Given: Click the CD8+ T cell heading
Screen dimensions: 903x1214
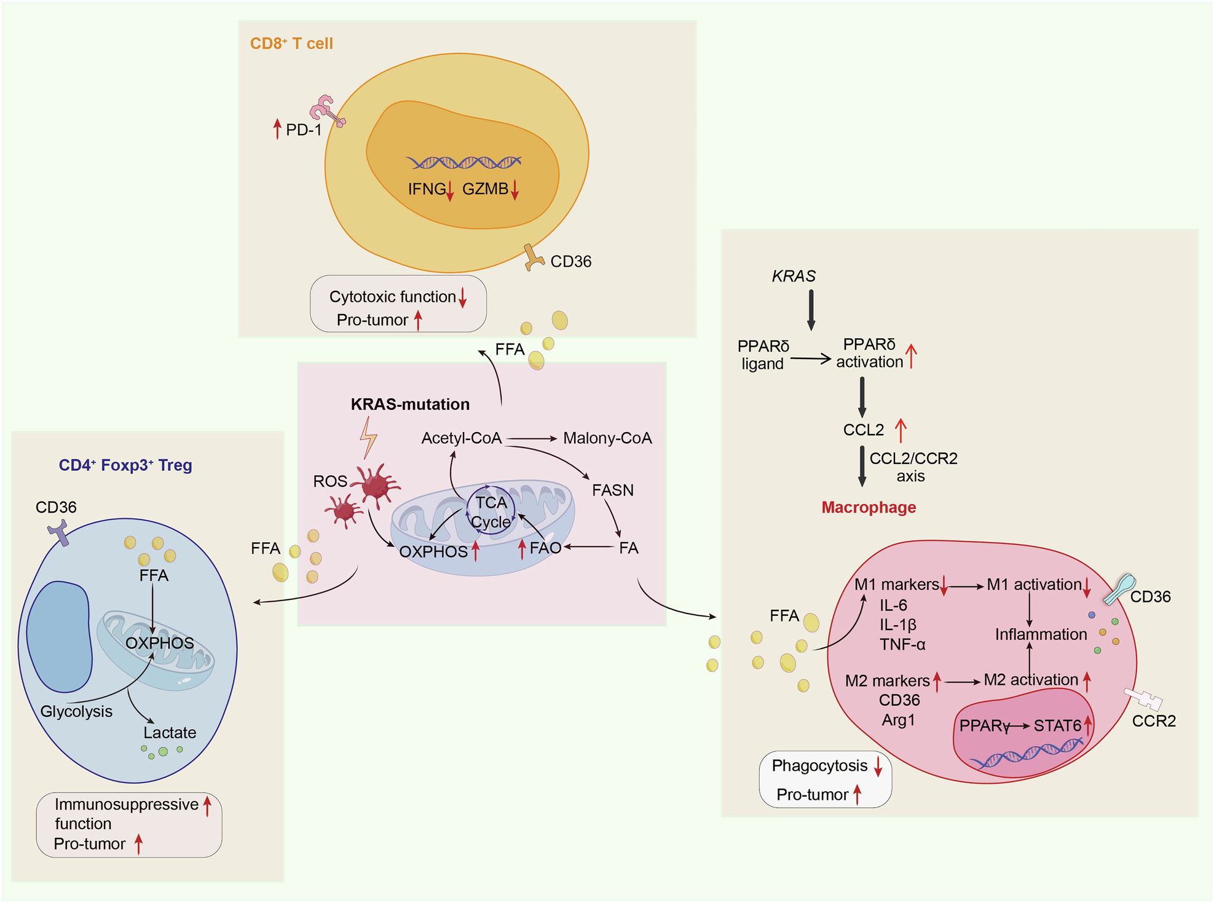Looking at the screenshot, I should click(291, 44).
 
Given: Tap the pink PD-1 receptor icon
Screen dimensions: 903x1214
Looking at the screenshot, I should click(326, 111).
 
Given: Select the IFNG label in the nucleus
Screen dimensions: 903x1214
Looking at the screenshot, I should click(427, 189).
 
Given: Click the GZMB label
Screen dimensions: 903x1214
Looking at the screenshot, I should click(485, 189).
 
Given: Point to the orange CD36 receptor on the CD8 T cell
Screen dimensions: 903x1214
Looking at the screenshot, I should click(532, 258).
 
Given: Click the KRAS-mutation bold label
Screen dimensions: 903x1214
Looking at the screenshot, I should click(410, 404).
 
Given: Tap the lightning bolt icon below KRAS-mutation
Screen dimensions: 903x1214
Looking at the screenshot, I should click(368, 437).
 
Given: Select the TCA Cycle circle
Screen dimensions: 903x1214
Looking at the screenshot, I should click(491, 511).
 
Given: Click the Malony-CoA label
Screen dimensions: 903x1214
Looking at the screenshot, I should click(607, 438).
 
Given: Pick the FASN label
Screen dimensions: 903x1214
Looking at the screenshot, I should click(612, 491).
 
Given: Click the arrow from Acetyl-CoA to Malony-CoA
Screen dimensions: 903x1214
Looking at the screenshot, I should click(531, 438).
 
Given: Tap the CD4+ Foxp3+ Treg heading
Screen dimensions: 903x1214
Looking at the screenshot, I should click(125, 465).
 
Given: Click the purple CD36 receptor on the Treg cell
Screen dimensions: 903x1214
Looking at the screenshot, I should click(59, 532).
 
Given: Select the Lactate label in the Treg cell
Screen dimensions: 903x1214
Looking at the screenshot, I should click(170, 733).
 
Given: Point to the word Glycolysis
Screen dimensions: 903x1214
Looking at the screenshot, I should click(76, 711).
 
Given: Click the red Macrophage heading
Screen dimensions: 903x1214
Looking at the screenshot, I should click(869, 508).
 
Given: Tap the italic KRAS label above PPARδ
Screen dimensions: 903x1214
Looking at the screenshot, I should click(794, 277).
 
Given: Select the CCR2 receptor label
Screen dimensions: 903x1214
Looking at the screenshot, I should click(1154, 721).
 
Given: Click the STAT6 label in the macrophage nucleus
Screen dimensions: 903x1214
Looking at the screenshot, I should click(1057, 726).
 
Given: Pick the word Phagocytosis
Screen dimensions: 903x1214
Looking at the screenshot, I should click(819, 766).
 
